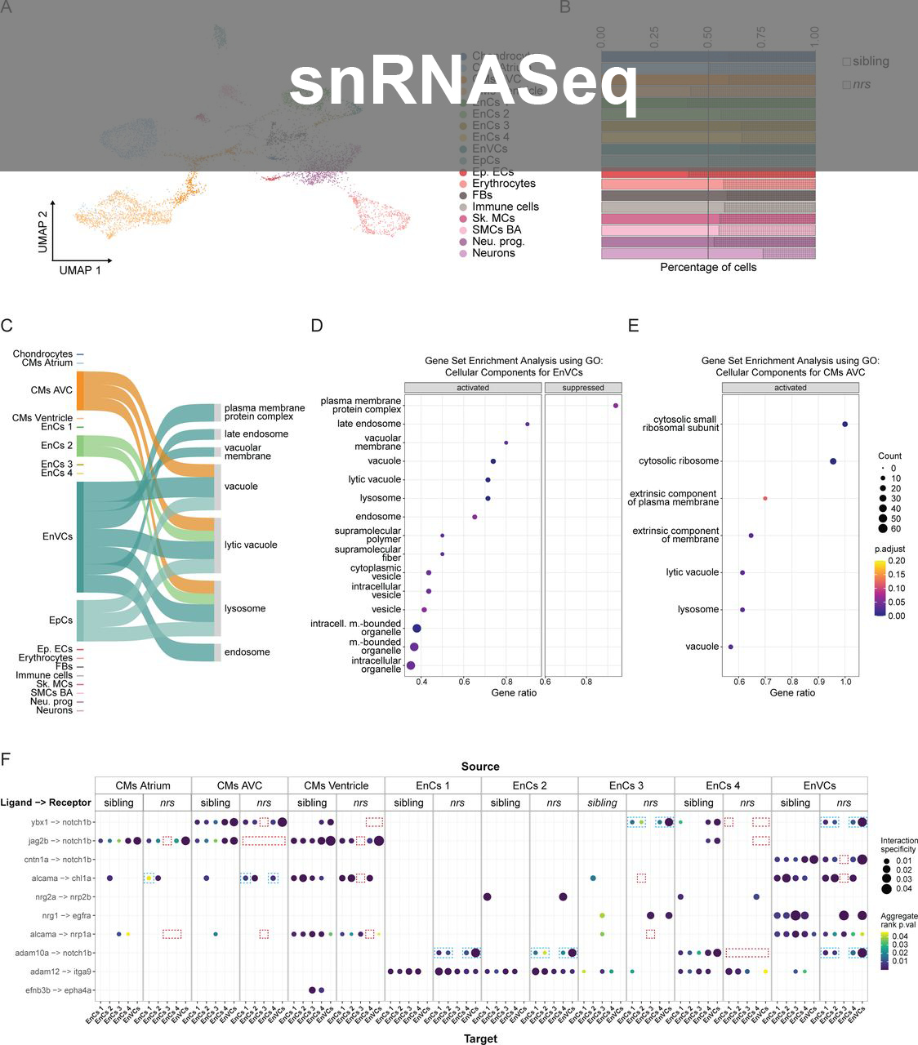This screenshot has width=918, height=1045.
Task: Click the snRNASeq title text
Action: tap(463, 82)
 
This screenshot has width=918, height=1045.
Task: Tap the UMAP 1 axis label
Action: tap(80, 270)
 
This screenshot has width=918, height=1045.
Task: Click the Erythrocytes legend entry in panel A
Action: tap(503, 184)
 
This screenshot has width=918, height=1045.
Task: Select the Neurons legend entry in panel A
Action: tap(493, 253)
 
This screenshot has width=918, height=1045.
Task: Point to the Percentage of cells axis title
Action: tap(708, 267)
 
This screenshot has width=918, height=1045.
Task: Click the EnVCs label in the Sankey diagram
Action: tap(57, 536)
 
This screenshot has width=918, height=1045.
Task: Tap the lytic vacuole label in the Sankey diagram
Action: tap(251, 545)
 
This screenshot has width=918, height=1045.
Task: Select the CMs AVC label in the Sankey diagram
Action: tap(51, 390)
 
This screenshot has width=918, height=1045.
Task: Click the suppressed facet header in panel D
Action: tap(583, 388)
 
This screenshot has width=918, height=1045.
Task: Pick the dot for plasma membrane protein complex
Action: tap(615, 406)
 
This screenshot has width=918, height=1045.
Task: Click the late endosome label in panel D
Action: tap(368, 424)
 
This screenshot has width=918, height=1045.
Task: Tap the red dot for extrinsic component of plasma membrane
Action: tap(765, 498)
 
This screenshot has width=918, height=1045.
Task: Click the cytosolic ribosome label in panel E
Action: tap(679, 461)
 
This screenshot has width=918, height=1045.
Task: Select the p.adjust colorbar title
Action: tap(889, 549)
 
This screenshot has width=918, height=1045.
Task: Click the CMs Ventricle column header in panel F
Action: tap(336, 785)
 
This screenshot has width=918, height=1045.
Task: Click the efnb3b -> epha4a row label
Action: tap(61, 990)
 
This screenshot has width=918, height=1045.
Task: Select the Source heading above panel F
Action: tap(480, 767)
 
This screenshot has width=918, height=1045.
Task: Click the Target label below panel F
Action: tap(480, 1038)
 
